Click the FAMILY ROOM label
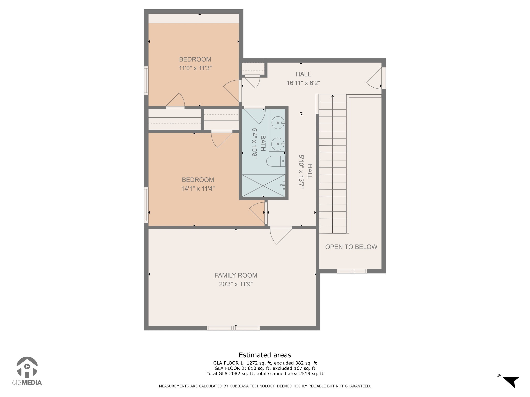coord(236,275)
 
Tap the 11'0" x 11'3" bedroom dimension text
coord(195,68)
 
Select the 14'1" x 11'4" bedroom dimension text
coord(198,189)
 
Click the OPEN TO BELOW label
coord(351,247)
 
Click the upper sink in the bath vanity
coord(278,123)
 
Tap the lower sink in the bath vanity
coord(278,144)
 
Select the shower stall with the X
coord(263,185)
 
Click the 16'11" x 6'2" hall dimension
coord(303,83)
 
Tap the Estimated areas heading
coord(265,355)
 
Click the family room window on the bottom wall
coord(233,328)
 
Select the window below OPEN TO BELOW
coord(352,271)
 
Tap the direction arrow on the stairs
coord(333,97)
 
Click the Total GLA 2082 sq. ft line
coord(265,373)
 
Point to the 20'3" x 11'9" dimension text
coord(236,284)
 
